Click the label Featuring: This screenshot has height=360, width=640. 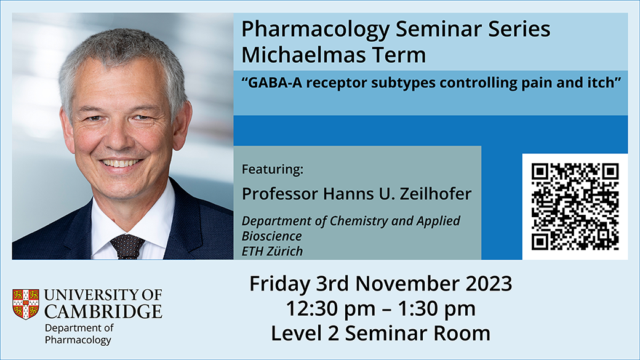pyautogui.click(x=272, y=169)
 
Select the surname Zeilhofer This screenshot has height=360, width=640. pyautogui.click(x=435, y=194)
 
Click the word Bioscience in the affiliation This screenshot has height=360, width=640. pyautogui.click(x=271, y=236)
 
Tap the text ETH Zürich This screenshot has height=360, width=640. pyautogui.click(x=272, y=251)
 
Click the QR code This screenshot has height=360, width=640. pyautogui.click(x=575, y=207)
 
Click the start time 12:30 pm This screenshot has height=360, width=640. pyautogui.click(x=330, y=309)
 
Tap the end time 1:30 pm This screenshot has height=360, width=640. pyautogui.click(x=436, y=309)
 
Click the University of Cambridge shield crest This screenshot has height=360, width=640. pyautogui.click(x=26, y=303)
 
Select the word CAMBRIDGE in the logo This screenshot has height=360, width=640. pyautogui.click(x=103, y=311)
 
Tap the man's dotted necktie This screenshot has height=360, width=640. pyautogui.click(x=127, y=247)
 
